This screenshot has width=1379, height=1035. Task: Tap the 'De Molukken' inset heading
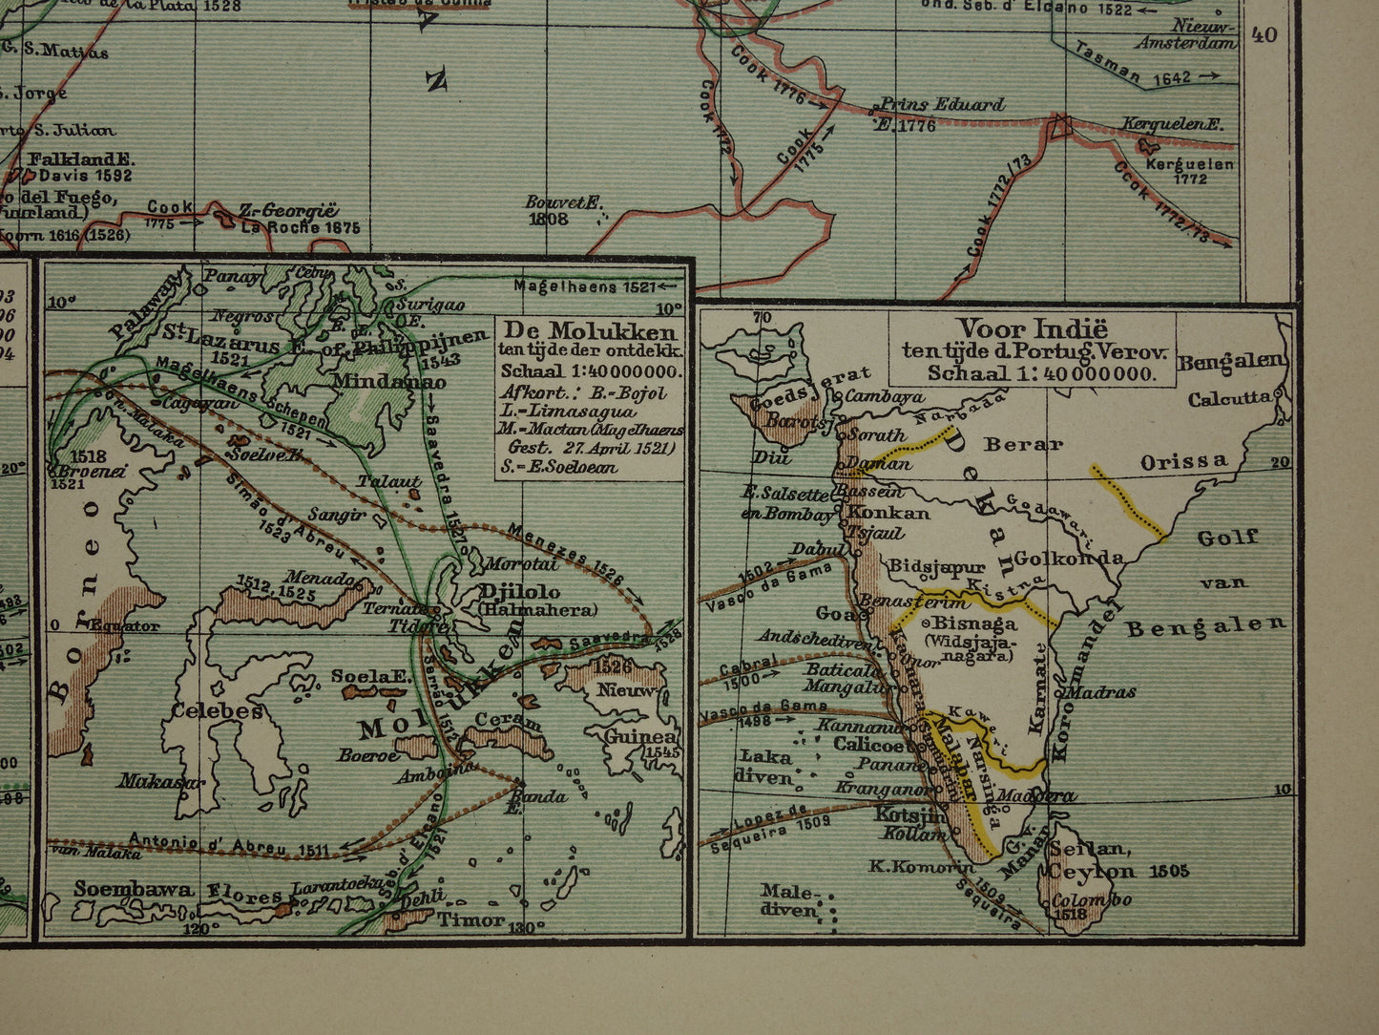point(591,332)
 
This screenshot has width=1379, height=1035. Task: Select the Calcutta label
point(1230,399)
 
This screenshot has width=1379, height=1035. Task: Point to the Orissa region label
point(1184,461)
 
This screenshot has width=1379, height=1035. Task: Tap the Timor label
point(470,919)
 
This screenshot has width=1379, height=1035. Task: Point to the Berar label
point(1023,444)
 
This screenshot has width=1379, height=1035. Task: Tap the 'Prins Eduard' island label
point(940,104)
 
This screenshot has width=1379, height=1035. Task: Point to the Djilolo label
point(522,591)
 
